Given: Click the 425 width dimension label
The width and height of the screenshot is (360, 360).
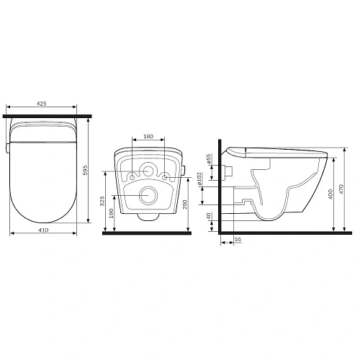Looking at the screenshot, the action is (x=41, y=104).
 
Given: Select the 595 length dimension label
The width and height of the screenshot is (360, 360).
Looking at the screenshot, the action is (x=85, y=170).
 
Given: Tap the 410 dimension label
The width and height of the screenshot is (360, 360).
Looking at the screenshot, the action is (x=43, y=230).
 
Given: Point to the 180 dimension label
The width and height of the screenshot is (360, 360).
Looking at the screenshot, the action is (x=148, y=136).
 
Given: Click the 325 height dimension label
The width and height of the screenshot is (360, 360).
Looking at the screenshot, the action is (x=102, y=201).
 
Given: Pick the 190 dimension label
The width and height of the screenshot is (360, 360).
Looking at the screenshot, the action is (x=111, y=213).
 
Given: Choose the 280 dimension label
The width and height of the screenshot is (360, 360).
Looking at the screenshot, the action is (x=185, y=204).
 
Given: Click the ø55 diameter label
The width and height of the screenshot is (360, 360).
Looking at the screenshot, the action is (x=209, y=158).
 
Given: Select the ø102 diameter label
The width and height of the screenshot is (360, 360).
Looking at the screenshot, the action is (x=199, y=179).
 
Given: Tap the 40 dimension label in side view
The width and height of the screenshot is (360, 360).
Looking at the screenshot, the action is (x=209, y=216).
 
